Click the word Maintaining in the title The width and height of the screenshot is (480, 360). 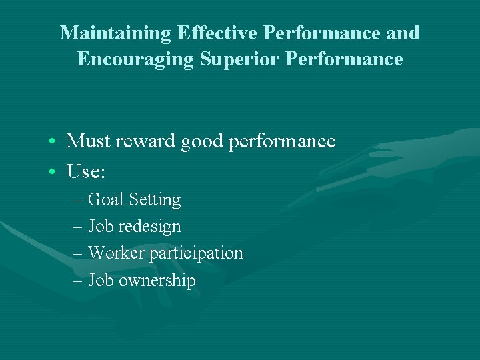coord(115,33)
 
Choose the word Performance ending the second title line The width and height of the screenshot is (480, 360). coord(344,59)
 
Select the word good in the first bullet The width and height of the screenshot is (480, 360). coord(203,142)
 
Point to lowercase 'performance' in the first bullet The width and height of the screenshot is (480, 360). coord(282,142)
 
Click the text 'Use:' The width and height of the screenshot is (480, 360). coord(86,171)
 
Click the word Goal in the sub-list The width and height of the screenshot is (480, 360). coord(107,199)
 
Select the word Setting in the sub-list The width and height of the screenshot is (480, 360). coord(155,200)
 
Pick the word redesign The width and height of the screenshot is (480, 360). coord(150,227)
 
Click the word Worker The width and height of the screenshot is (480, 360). coord(117,253)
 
